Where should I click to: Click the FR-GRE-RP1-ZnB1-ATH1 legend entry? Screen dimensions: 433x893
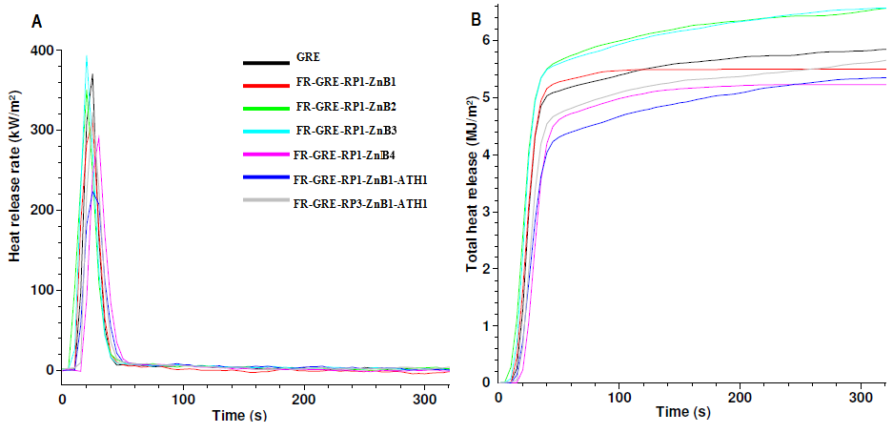[x=361, y=177]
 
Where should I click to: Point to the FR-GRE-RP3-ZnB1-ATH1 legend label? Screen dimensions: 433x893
[x=361, y=201]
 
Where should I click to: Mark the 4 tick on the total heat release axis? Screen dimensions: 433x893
[x=485, y=155]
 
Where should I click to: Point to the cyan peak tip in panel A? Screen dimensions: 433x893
[x=87, y=57]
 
